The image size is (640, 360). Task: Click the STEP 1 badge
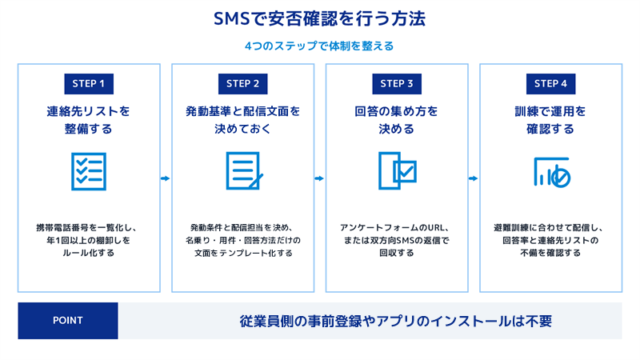pos(89,84)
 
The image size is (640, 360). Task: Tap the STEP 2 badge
pos(243,84)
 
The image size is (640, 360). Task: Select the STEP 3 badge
pos(397,84)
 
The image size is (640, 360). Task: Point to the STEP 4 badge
pos(550,84)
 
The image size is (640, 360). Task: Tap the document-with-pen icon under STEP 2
pos(244,170)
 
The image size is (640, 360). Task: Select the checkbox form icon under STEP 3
pos(397,170)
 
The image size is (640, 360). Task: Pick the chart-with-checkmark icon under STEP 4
pos(552,172)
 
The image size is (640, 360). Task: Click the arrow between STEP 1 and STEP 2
pos(166,178)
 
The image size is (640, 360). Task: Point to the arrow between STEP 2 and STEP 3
pos(319,178)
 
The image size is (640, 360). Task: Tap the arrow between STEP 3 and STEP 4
pos(473,178)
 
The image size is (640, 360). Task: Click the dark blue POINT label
pos(68,321)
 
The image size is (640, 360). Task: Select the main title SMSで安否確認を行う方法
pos(319,18)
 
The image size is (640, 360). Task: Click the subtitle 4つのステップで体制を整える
pos(319,46)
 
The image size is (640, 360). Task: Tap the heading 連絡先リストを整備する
pos(88,120)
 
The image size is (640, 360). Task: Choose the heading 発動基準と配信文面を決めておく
pos(243,120)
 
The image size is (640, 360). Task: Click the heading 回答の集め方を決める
pos(396,120)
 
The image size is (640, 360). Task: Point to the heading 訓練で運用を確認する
pos(550,120)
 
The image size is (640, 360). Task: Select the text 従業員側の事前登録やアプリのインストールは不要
pos(395,322)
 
